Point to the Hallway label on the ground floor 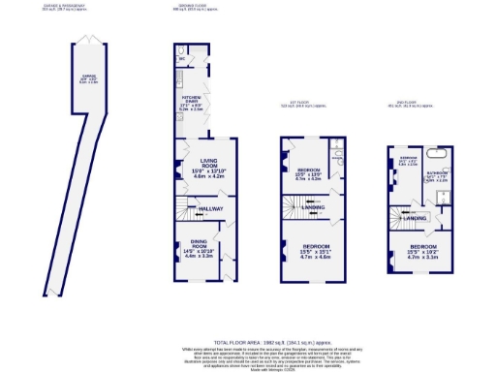211,207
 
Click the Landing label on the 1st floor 313,206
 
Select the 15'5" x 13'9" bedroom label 308,174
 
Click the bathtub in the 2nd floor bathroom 436,156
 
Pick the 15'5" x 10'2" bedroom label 413,255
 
